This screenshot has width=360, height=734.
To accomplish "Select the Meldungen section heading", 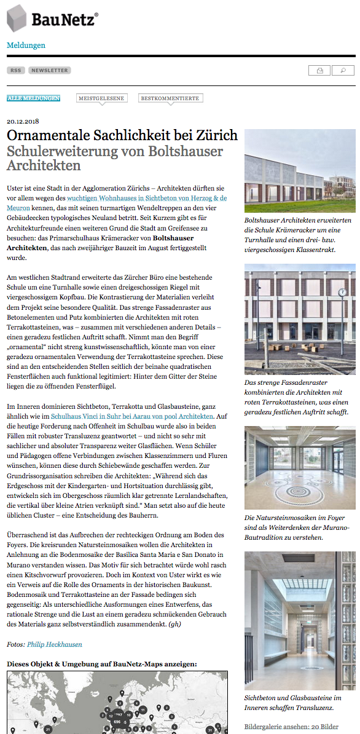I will click(x=26, y=45).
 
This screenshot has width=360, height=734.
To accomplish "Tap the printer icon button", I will click(x=319, y=71).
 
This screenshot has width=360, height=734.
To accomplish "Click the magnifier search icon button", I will click(x=343, y=71).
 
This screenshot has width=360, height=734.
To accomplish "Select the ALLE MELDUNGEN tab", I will click(x=33, y=98).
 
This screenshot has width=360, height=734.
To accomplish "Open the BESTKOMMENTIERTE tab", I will click(x=171, y=98).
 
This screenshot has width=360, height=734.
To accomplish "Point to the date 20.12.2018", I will click(x=22, y=121).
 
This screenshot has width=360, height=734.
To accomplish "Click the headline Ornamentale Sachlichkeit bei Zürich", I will click(x=122, y=135).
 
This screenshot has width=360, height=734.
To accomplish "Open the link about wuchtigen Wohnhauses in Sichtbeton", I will click(x=147, y=199).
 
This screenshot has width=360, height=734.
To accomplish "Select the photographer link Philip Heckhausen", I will click(x=55, y=644).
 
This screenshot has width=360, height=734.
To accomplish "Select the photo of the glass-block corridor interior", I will click(x=300, y=621).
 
